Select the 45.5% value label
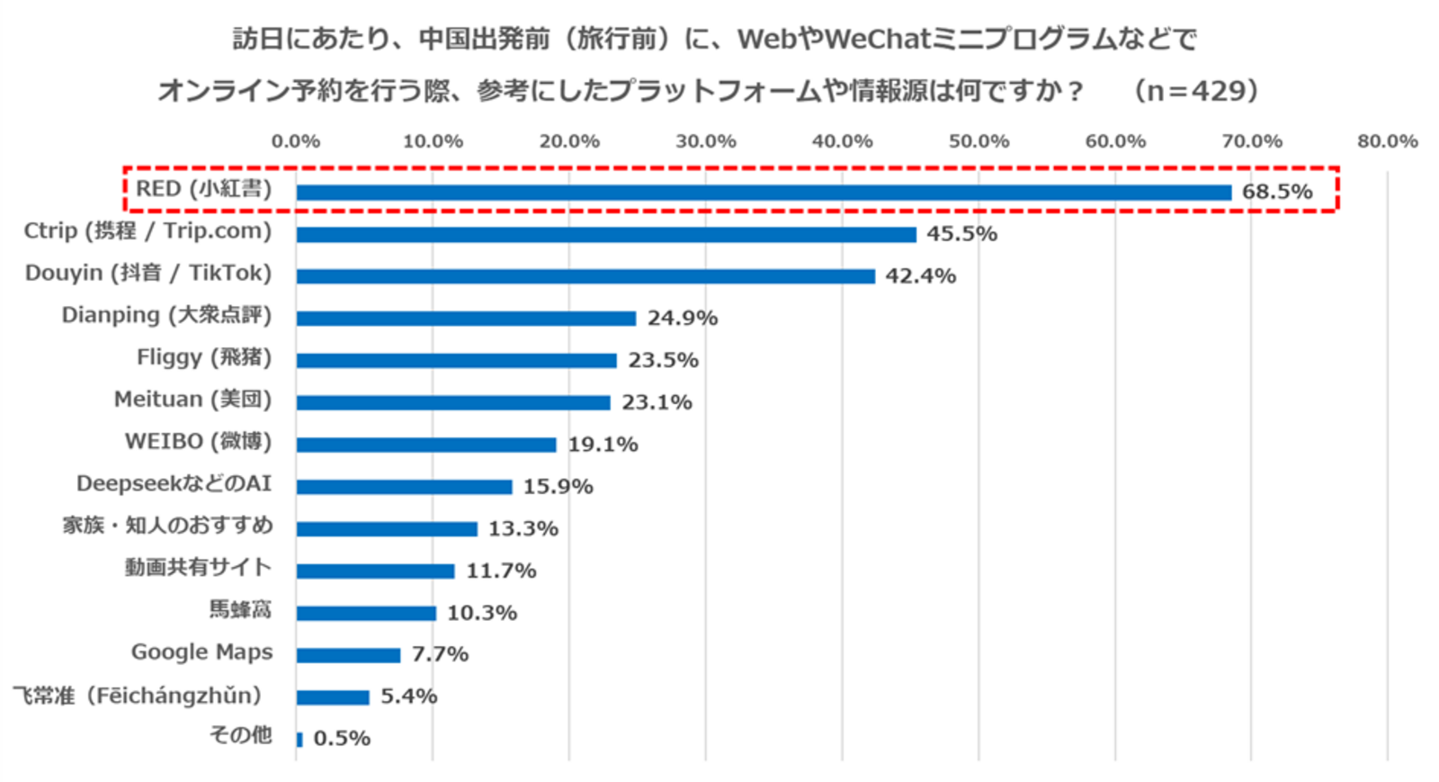point(961,234)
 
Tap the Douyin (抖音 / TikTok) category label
point(148,273)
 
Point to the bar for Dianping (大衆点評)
point(466,318)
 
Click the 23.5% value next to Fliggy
point(663,360)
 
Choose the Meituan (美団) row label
point(192,400)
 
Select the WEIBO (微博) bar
point(426,445)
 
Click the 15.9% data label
point(558,487)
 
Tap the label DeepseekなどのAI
point(174,483)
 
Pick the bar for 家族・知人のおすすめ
point(387,529)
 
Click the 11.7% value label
point(501,571)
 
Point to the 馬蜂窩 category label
point(240,610)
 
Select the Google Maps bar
point(348,655)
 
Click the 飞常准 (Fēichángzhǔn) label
point(137,696)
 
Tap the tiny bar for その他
point(299,740)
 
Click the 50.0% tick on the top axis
point(979,141)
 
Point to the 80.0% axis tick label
point(1387,141)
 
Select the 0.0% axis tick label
point(296,141)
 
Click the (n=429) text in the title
point(1196,91)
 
